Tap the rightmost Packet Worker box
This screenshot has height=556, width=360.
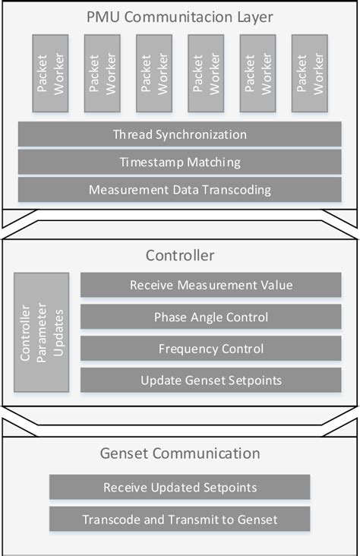pos(310,73)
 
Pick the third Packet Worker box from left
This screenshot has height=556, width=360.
pos(154,73)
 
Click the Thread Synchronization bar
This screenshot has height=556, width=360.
pos(180,134)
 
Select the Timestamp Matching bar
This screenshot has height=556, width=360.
pos(180,162)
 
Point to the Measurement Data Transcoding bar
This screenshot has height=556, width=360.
pos(180,189)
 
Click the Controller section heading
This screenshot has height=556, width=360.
pos(180,255)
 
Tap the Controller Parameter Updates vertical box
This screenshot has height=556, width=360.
pos(41,333)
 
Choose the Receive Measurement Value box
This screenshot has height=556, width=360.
pos(211,286)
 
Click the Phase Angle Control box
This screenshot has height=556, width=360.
pos(211,317)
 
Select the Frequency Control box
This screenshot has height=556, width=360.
pos(211,349)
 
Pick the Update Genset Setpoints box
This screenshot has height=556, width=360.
pos(211,380)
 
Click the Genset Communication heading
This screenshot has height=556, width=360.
pos(180,453)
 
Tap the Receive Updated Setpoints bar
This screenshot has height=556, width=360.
pos(180,487)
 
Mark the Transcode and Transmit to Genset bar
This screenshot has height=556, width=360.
pos(180,520)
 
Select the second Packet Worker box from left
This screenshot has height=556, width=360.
pos(103,73)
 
